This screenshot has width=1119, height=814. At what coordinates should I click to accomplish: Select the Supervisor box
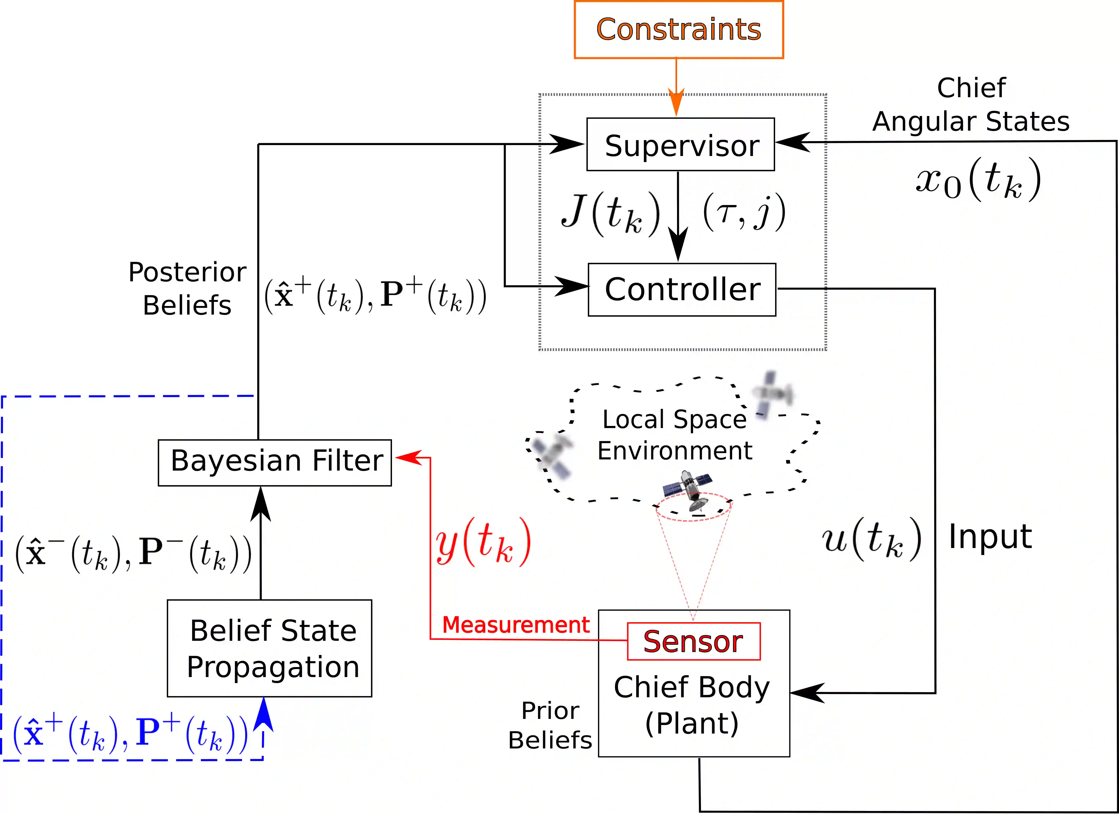coord(680,145)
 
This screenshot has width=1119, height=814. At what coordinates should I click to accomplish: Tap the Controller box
coord(682,290)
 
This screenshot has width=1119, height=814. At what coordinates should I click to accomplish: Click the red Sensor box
coord(693,641)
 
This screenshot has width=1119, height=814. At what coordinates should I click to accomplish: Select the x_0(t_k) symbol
coord(978,180)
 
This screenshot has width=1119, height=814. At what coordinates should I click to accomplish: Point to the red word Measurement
coord(516,625)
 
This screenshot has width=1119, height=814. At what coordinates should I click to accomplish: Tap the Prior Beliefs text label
coord(550,725)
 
